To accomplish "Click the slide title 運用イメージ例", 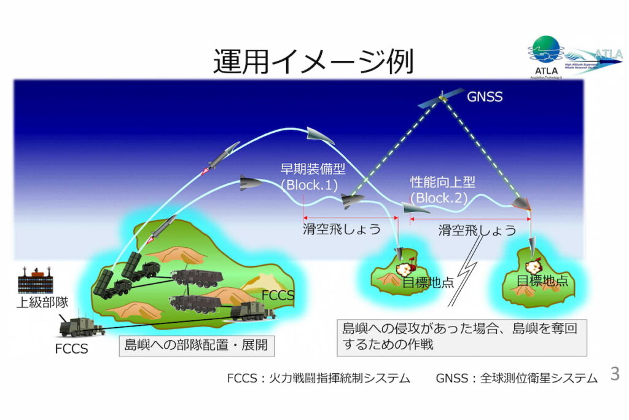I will [313, 61].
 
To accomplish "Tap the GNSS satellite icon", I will [442, 98].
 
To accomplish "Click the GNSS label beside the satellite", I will [485, 97].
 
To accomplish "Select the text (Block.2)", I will [439, 198].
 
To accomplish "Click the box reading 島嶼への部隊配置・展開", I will [196, 346].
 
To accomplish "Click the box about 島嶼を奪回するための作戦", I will [461, 336].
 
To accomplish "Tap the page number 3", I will [614, 373].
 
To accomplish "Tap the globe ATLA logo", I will [546, 52].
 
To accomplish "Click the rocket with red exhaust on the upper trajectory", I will [221, 157].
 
